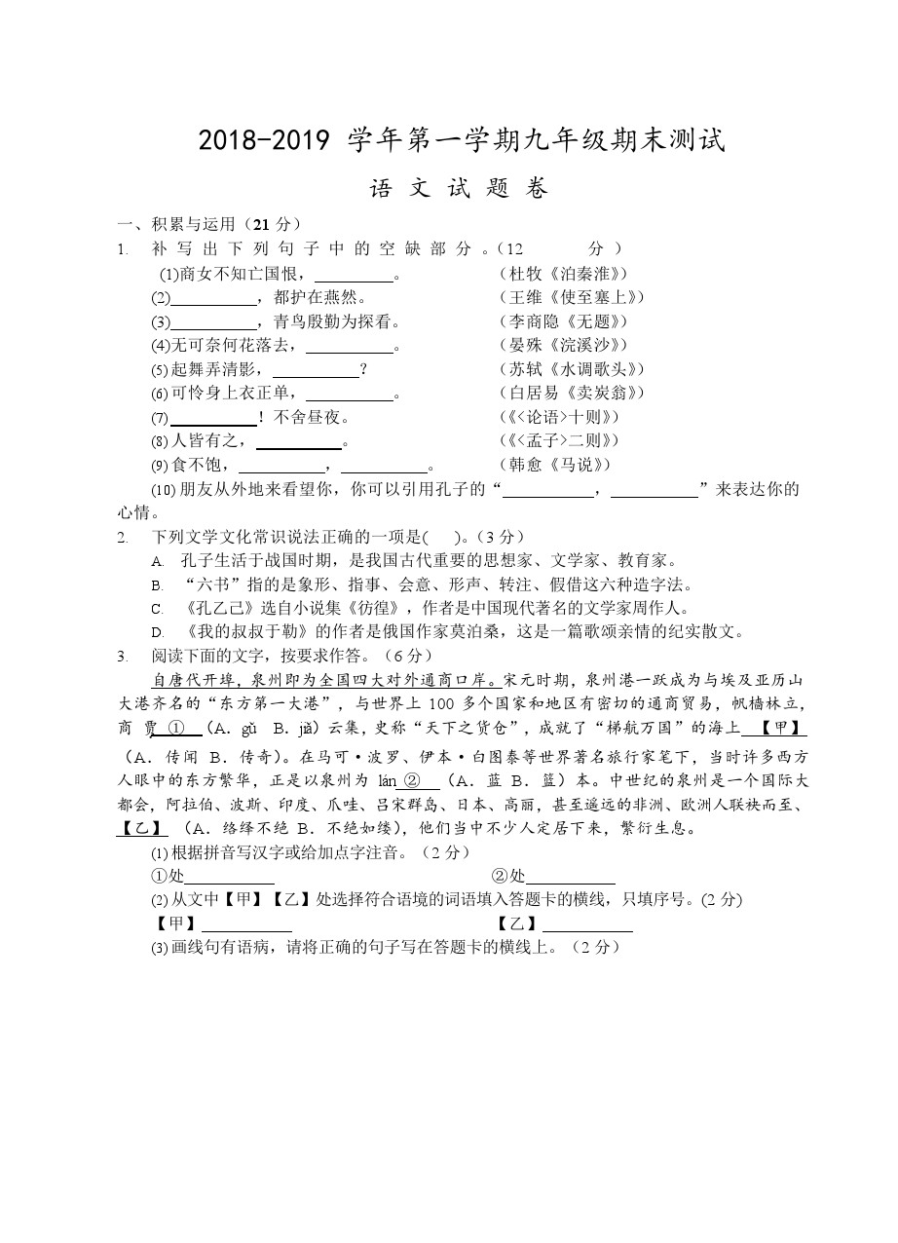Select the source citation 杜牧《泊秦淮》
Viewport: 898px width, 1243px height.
[563, 274]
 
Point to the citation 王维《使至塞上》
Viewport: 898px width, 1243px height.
[571, 297]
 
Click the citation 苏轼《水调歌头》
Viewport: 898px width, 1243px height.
[571, 369]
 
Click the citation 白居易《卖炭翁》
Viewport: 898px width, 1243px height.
[571, 393]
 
